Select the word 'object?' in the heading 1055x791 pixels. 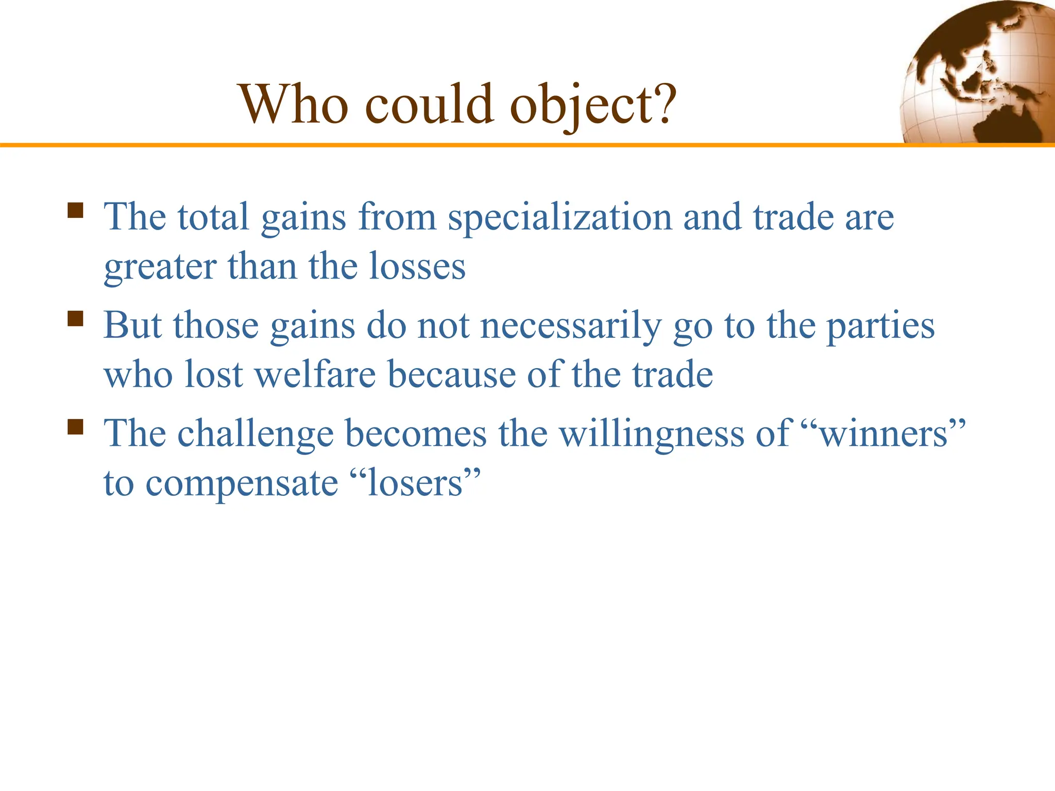pyautogui.click(x=593, y=106)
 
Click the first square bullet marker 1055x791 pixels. pyautogui.click(x=75, y=211)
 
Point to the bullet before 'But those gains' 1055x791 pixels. pyautogui.click(x=75, y=319)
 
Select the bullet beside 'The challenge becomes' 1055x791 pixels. pyautogui.click(x=75, y=427)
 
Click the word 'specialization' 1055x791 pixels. pyautogui.click(x=560, y=217)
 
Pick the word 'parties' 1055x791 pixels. pyautogui.click(x=880, y=326)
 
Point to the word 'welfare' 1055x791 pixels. pyautogui.click(x=315, y=374)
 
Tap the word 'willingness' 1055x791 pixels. pyautogui.click(x=652, y=434)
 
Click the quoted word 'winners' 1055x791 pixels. pyautogui.click(x=883, y=434)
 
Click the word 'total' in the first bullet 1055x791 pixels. pyautogui.click(x=213, y=217)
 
